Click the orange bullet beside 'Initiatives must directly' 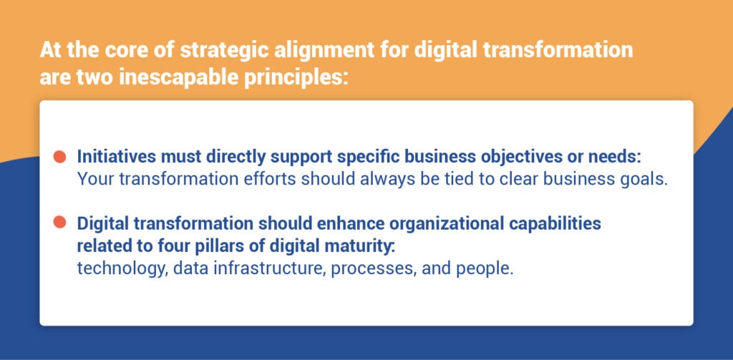[60, 156]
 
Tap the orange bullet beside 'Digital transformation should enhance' [60, 223]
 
